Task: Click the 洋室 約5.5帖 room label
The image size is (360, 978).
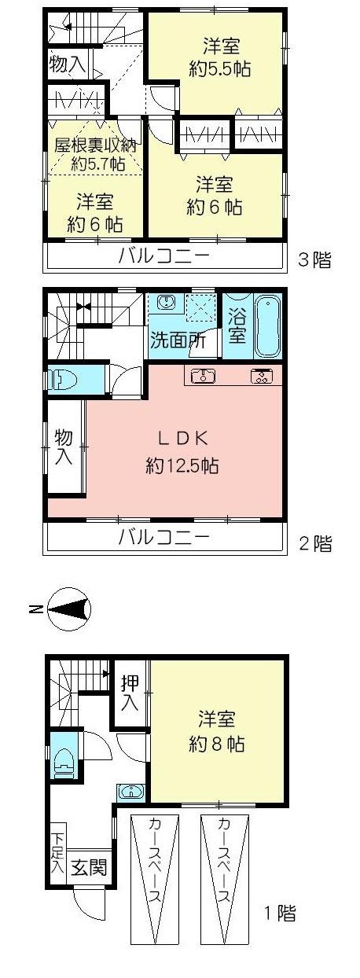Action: (220, 57)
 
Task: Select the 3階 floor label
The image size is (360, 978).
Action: (314, 259)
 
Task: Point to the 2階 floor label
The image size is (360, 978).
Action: (314, 542)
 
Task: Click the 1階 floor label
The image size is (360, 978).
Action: (280, 914)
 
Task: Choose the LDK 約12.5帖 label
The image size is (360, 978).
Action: (182, 451)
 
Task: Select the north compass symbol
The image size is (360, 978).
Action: (69, 609)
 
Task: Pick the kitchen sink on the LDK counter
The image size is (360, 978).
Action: (204, 375)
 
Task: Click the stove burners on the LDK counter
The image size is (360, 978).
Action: (261, 375)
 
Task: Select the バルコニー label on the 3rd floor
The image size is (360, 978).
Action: (164, 256)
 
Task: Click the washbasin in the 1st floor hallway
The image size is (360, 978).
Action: (131, 791)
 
